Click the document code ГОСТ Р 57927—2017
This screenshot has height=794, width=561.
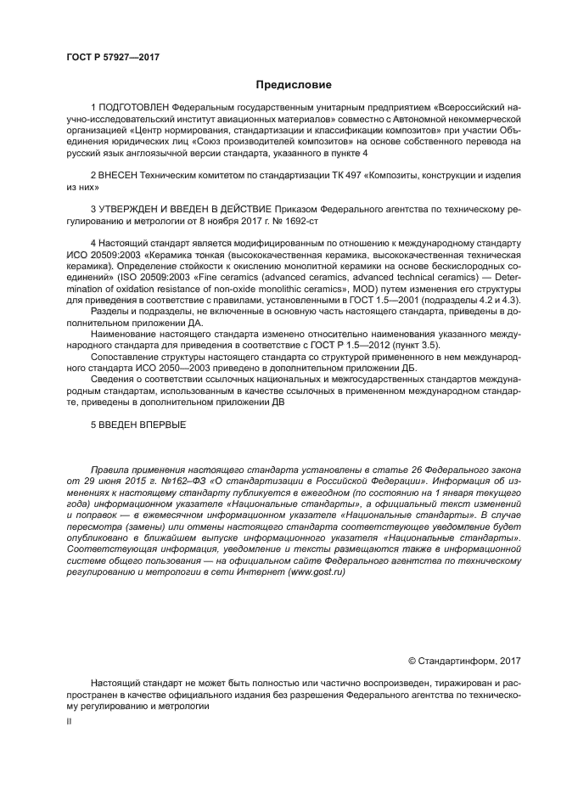coord(113,57)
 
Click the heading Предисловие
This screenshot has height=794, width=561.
coord(294,84)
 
